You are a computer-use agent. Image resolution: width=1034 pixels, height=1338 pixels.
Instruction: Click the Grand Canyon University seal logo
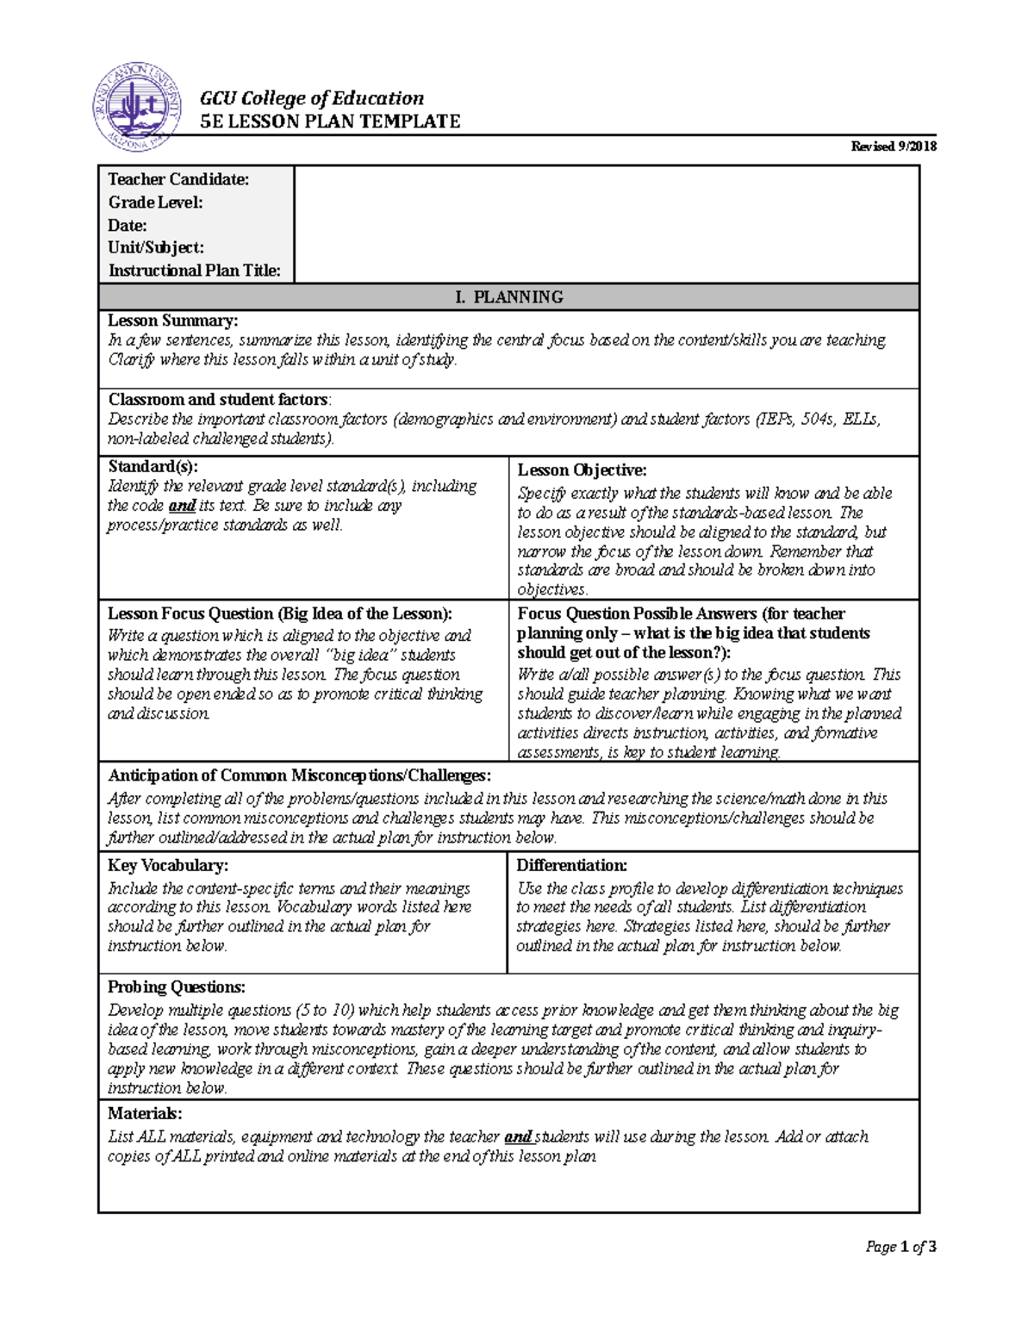137,109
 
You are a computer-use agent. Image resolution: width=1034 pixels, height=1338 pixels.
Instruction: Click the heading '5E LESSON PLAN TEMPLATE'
330,121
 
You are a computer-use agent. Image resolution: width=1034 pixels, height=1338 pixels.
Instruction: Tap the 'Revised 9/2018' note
894,146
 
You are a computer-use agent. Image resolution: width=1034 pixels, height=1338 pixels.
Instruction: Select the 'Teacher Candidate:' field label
178,179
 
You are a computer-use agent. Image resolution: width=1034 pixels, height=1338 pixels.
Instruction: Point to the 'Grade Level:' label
155,202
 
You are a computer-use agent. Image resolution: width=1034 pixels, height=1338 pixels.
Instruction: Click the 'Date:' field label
128,226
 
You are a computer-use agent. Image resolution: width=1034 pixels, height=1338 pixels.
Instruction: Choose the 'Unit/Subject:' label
156,248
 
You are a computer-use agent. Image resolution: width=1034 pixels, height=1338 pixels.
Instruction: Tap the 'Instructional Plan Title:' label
194,271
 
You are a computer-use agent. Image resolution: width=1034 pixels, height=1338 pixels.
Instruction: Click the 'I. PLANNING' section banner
509,297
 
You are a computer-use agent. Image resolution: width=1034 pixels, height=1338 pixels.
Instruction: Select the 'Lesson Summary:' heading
172,320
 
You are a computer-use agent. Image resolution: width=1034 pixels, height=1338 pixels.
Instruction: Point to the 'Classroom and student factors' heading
218,400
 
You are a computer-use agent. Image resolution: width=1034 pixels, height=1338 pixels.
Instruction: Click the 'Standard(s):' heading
153,466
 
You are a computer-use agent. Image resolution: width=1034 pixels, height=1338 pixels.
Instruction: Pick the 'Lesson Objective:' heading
582,470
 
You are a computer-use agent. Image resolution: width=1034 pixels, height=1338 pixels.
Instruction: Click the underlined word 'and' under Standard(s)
182,506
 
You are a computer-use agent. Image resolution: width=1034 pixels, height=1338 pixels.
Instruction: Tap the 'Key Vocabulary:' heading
167,865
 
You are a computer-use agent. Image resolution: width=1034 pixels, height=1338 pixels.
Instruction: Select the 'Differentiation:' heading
571,865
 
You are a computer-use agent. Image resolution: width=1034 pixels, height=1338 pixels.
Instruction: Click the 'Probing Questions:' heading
176,987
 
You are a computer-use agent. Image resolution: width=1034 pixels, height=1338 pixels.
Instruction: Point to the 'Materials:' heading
145,1113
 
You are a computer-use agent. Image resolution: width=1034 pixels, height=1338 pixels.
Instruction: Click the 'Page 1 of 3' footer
900,1247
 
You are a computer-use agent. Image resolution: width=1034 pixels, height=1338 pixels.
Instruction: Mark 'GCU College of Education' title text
312,98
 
